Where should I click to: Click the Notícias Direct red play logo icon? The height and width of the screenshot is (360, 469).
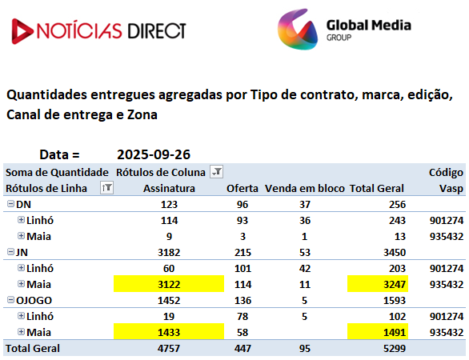tap(22, 31)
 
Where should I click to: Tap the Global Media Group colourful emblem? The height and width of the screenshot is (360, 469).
tap(298, 30)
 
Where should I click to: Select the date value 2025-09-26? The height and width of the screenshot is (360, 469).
tap(154, 154)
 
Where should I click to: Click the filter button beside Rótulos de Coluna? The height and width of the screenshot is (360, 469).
tap(217, 172)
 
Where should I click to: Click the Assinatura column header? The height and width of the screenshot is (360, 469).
tap(169, 188)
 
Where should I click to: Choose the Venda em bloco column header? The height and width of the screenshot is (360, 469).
tap(304, 188)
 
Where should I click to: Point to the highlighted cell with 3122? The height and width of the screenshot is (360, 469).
tap(169, 284)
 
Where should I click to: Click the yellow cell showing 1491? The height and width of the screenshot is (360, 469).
tap(378, 332)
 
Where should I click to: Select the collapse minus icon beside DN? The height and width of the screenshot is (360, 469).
tap(10, 204)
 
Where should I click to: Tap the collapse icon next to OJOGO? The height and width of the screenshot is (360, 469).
tap(10, 300)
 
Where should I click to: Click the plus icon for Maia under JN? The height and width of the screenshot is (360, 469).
tap(21, 284)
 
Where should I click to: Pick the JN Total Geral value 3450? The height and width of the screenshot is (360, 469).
tap(395, 252)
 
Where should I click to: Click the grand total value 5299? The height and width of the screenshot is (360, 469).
tap(395, 348)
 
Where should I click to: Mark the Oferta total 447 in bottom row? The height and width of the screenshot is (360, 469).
tap(243, 348)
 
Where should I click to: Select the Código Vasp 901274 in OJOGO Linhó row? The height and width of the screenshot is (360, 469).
tap(447, 316)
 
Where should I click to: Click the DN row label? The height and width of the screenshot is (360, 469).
tap(23, 204)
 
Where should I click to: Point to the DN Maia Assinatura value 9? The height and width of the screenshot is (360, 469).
tap(169, 237)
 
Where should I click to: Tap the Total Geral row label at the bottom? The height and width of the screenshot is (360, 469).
tap(33, 348)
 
